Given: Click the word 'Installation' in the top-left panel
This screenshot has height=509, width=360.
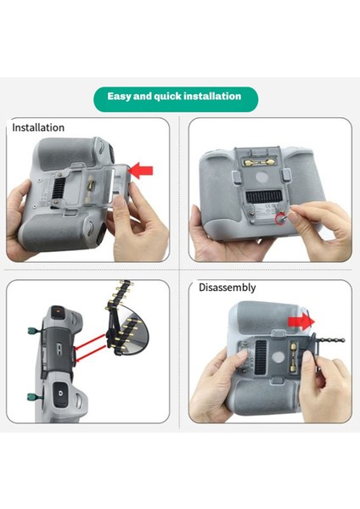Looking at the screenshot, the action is [38, 127].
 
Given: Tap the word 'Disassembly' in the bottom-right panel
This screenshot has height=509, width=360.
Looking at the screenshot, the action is [227, 288].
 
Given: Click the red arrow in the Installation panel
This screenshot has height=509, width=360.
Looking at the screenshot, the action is [141, 171].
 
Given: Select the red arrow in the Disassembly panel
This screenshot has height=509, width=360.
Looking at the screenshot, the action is [301, 322].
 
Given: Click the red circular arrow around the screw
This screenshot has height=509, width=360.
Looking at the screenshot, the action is [279, 219].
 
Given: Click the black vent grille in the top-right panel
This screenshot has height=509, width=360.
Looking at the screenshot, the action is [263, 197].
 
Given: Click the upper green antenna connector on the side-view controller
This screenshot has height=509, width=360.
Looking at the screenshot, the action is [33, 331].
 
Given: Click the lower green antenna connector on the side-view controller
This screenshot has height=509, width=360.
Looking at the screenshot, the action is [34, 397].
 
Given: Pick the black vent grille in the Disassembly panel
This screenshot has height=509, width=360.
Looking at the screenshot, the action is [261, 357].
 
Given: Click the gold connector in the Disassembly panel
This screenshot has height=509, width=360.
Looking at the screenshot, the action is [293, 356].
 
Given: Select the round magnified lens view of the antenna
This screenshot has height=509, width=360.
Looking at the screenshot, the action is [132, 330].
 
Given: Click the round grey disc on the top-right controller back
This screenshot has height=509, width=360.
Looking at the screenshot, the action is [262, 178].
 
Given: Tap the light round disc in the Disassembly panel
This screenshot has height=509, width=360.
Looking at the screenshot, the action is [278, 358].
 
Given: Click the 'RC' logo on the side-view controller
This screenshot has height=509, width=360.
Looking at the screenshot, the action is [59, 350].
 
